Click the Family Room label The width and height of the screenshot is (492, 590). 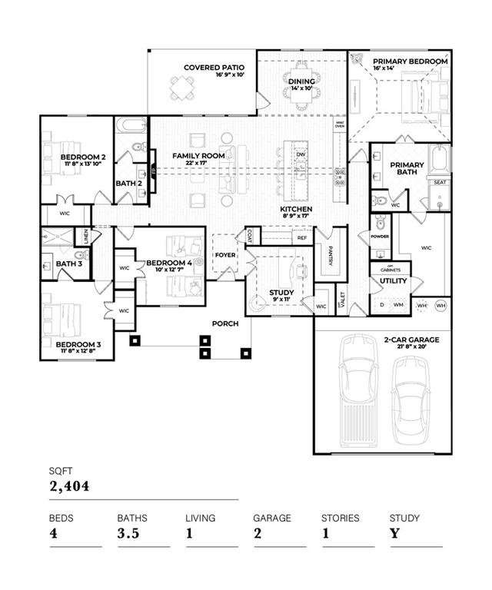click(x=198, y=156)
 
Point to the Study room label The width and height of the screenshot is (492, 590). click(x=281, y=293)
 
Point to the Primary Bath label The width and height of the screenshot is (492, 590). click(x=406, y=169)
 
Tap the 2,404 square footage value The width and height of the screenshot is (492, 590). click(x=69, y=486)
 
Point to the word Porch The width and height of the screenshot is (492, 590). click(x=226, y=323)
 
